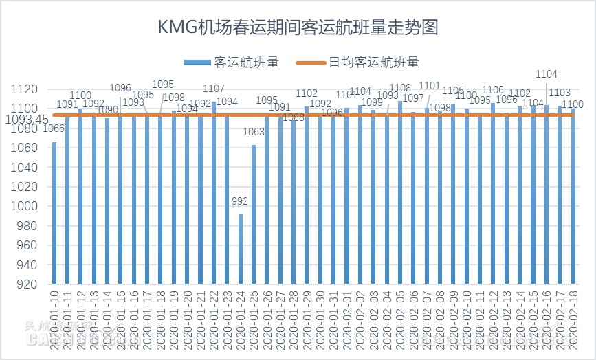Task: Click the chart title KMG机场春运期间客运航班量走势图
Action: (x=298, y=28)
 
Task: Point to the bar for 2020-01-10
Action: (x=54, y=213)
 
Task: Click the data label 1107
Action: (x=214, y=89)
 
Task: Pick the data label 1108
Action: (x=400, y=88)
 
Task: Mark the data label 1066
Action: (x=54, y=128)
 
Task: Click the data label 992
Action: (x=241, y=201)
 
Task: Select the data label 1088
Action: (x=294, y=117)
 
